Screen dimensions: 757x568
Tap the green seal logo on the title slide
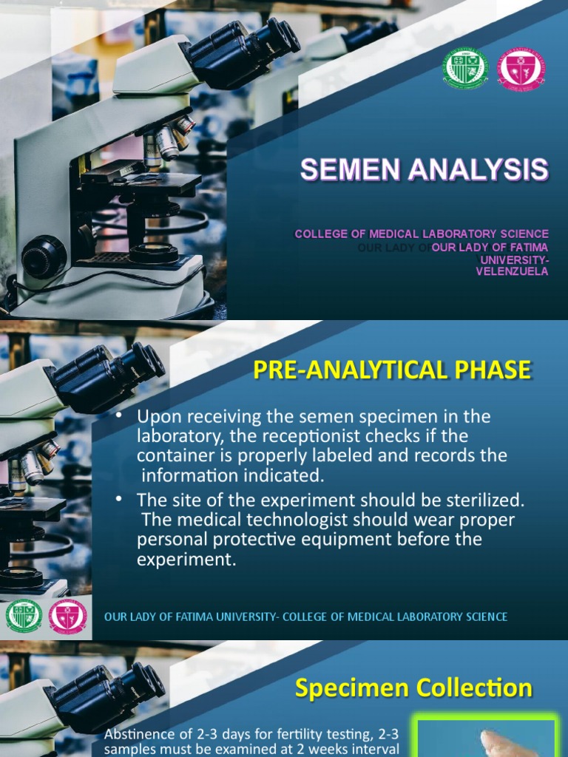click(464, 69)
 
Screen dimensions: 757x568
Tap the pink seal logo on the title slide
click(521, 69)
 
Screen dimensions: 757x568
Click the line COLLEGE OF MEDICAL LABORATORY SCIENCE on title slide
click(422, 234)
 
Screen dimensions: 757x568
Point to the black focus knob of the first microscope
click(44, 257)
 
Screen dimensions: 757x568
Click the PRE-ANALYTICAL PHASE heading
click(392, 370)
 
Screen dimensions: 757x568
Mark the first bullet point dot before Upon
click(119, 417)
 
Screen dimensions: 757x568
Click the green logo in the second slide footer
click(24, 616)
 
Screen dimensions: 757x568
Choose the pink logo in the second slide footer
click(67, 616)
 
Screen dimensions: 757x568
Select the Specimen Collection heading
click(413, 688)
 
